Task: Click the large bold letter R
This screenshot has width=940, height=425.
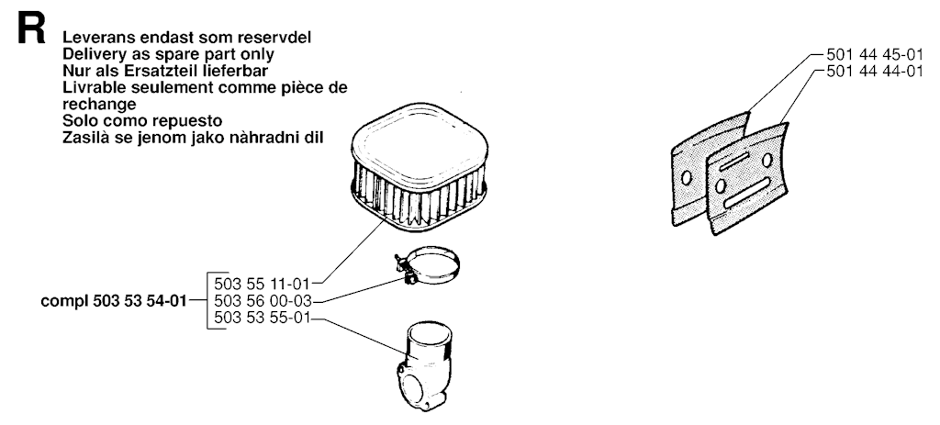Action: [31, 29]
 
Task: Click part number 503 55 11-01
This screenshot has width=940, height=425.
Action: [262, 283]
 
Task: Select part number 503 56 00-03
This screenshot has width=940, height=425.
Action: [262, 301]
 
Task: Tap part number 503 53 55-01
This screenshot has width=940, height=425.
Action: [262, 319]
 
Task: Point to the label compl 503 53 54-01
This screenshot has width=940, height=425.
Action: [113, 301]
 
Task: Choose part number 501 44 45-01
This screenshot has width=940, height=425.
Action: [875, 54]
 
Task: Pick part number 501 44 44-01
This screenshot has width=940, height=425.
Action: [875, 72]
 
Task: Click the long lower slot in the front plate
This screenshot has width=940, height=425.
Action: [747, 193]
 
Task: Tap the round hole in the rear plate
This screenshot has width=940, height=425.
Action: [687, 178]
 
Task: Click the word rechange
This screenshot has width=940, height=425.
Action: [99, 105]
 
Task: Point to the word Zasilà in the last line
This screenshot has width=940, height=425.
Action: [84, 138]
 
